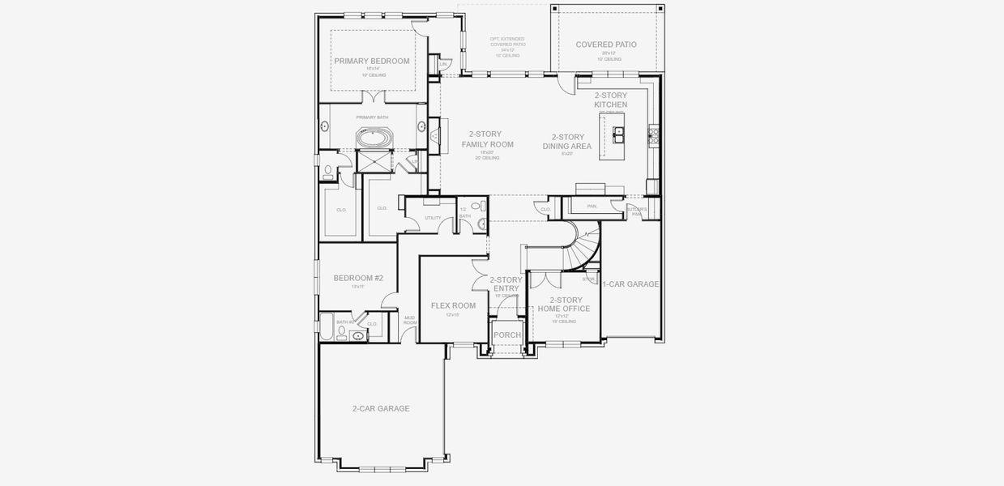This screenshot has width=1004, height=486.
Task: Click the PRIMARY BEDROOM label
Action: tap(372, 61)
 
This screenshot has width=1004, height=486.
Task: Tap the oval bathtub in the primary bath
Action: tap(374, 139)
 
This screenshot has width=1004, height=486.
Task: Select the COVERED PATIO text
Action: tap(605, 45)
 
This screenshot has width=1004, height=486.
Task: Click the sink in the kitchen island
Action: tap(618, 132)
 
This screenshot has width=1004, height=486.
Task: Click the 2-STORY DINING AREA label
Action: tap(567, 142)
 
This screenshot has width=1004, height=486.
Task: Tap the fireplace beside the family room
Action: tap(434, 134)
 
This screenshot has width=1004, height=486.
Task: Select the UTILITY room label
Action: tap(433, 218)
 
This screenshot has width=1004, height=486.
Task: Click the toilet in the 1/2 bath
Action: tap(476, 207)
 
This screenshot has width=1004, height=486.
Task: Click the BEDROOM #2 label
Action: tap(358, 278)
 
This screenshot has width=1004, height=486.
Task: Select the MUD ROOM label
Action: tap(410, 320)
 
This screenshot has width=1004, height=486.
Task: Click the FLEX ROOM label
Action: tap(453, 305)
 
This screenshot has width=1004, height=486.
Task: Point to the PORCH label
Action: tap(507, 335)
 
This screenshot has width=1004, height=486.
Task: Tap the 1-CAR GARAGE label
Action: tap(630, 284)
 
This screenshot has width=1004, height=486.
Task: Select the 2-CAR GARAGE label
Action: tap(380, 408)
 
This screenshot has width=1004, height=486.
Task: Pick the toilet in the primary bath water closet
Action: tap(327, 172)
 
